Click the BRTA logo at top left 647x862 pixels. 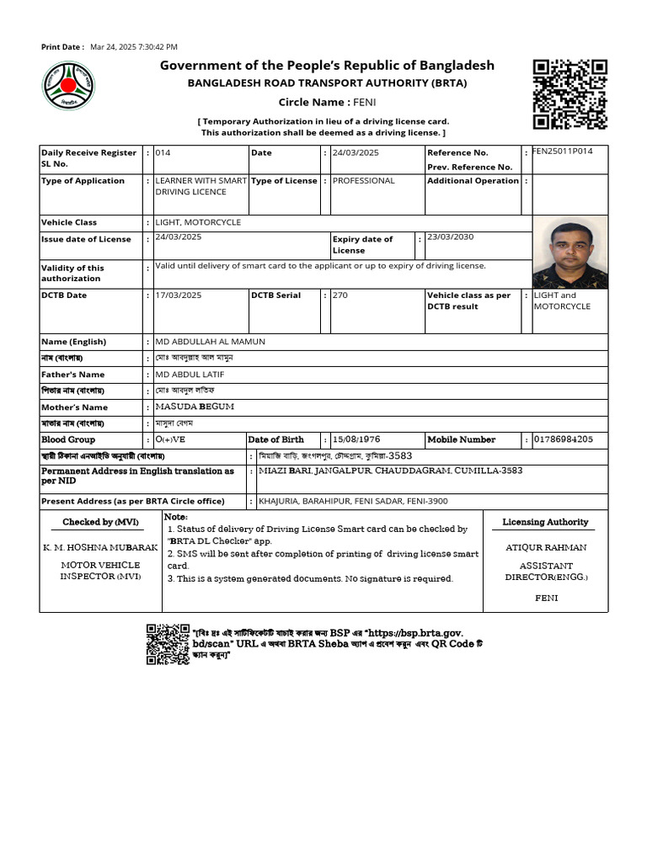(68, 87)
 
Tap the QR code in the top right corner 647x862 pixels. (570, 93)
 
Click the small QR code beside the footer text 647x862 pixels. (167, 644)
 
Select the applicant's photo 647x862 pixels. (569, 252)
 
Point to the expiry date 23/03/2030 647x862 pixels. (450, 237)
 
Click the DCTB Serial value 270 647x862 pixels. (340, 295)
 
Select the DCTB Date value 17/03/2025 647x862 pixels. (179, 295)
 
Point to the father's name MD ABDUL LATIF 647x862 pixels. (190, 374)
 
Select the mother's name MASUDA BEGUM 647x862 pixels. (195, 407)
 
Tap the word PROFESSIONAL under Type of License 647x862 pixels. (363, 180)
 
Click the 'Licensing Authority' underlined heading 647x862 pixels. (545, 522)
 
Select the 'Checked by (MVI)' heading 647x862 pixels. (100, 522)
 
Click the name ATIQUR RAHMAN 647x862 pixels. (545, 547)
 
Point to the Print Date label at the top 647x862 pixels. (62, 47)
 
